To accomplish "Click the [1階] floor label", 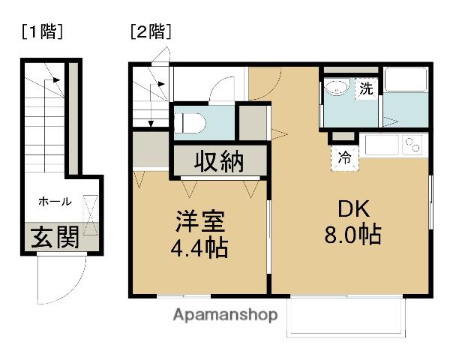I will pos(41,31).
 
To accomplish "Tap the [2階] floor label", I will pos(150,31).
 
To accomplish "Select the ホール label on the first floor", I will pos(55,201).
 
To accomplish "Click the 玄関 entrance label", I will pos(54,238).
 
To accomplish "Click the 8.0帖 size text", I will pos(351,235).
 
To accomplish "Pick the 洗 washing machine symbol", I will pos(366,88).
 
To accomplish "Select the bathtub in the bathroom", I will pos(406,83).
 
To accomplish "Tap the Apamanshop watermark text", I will pos(226,314).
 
